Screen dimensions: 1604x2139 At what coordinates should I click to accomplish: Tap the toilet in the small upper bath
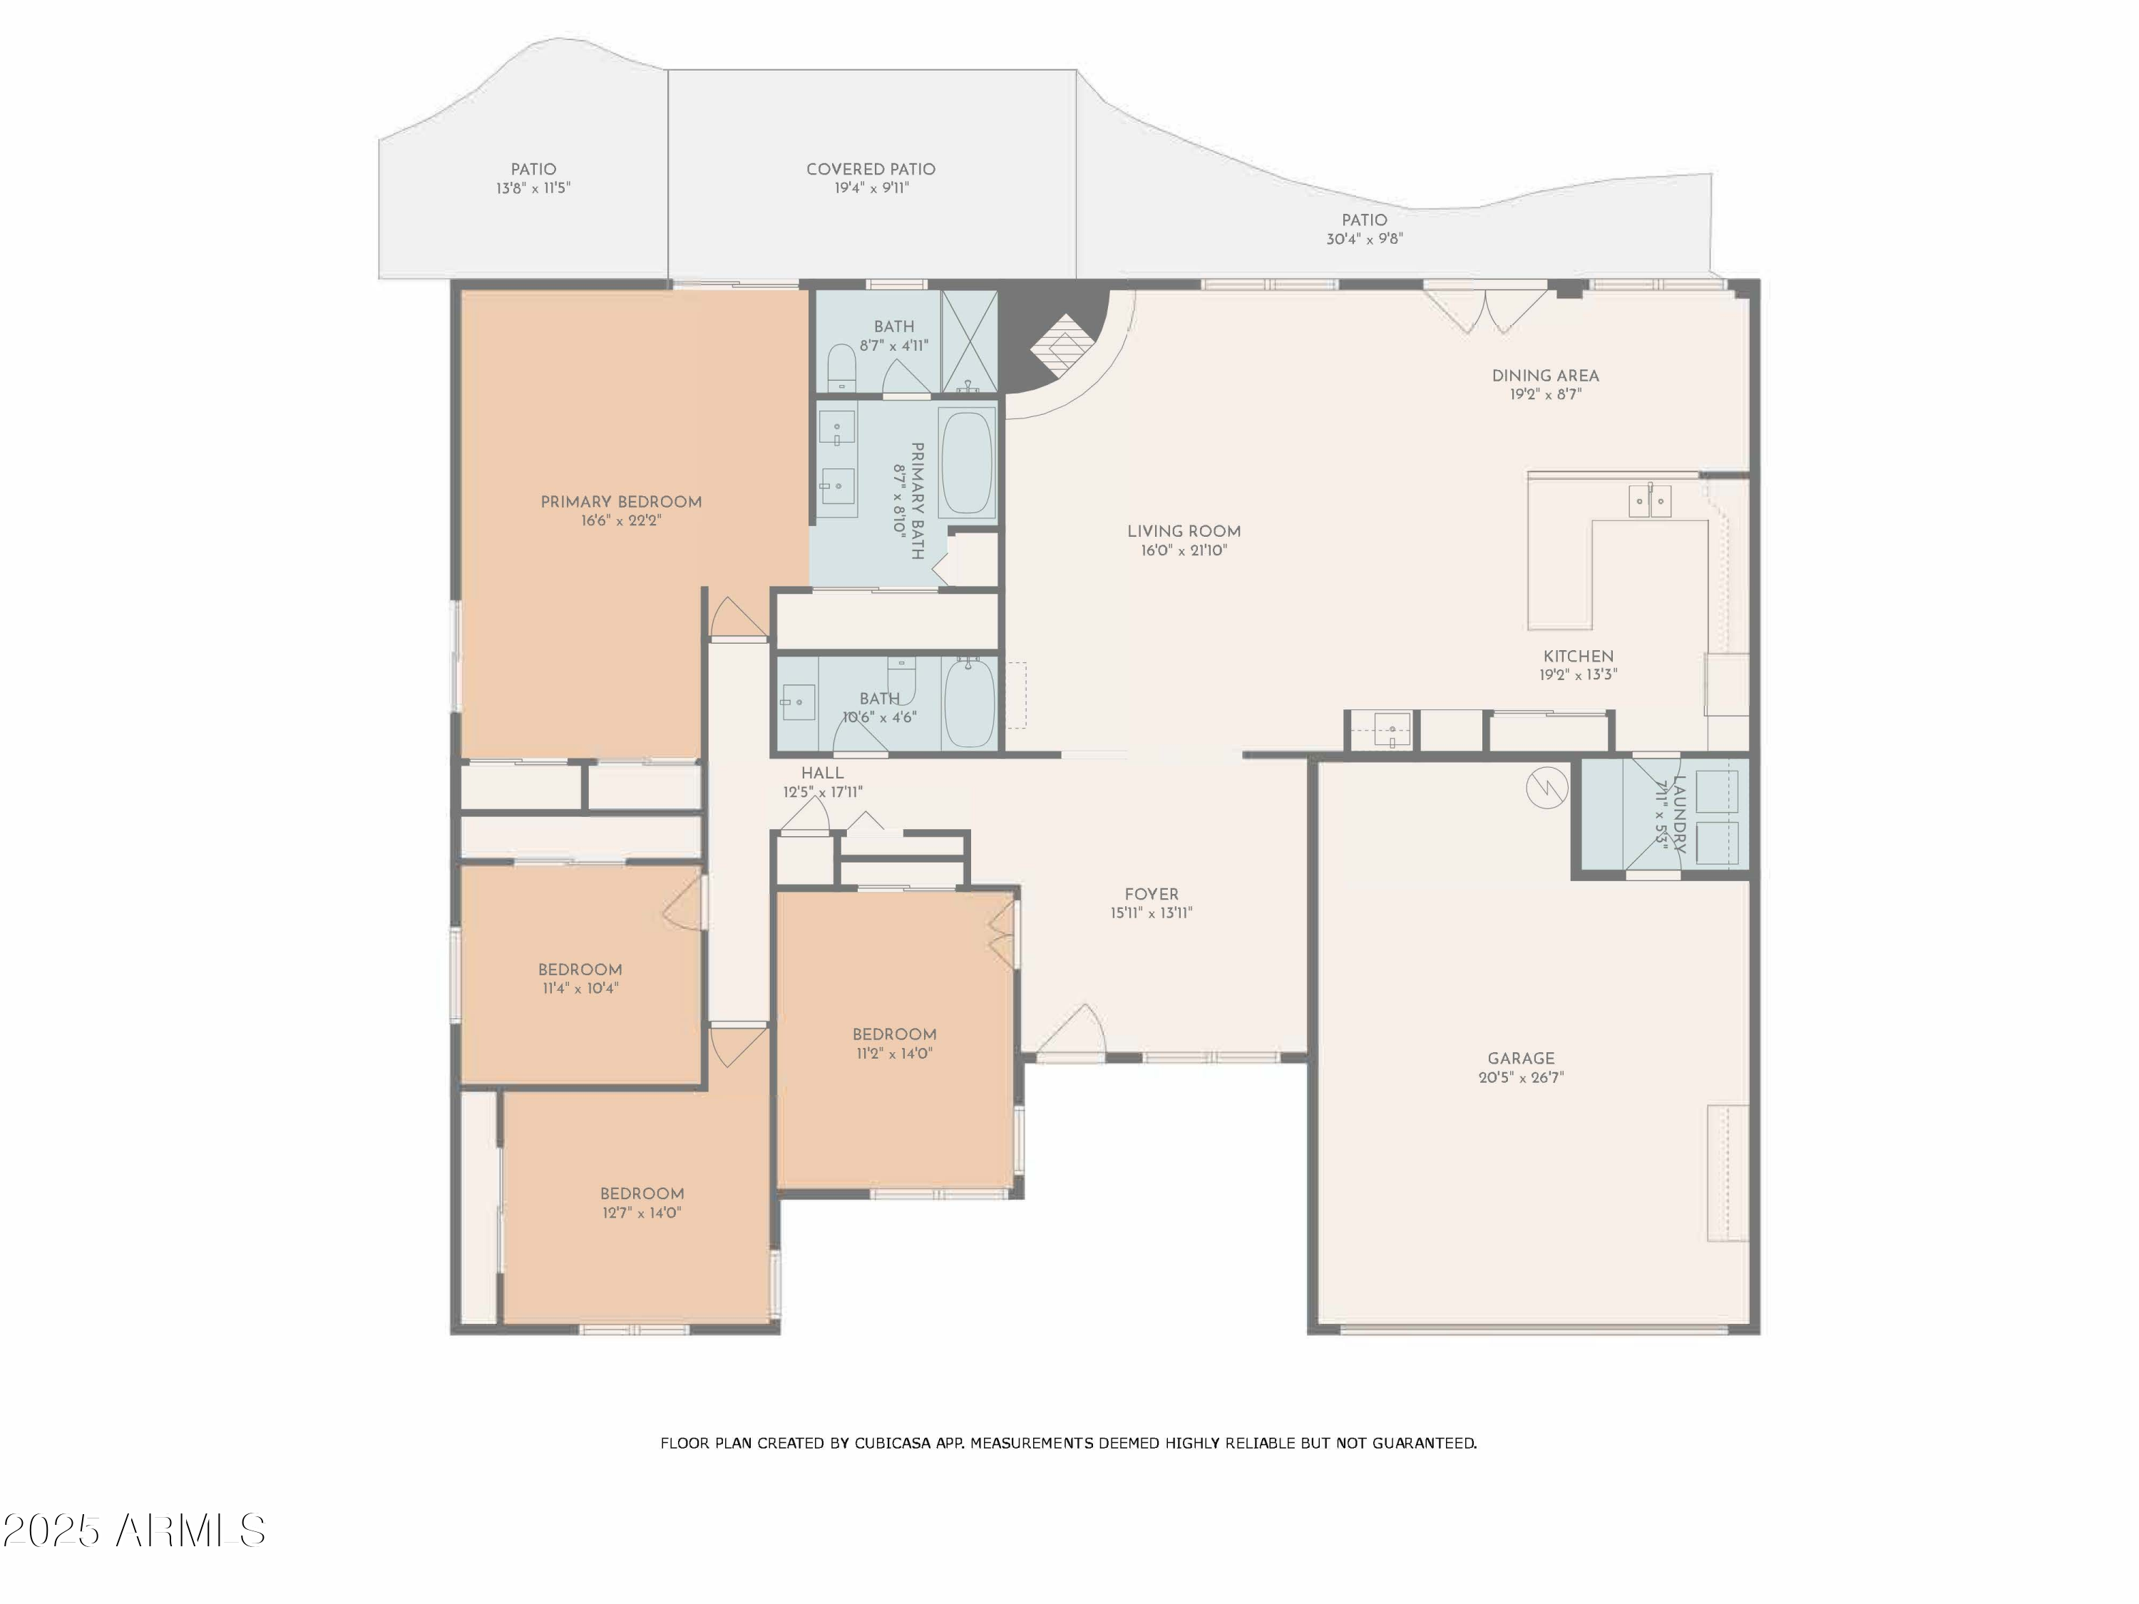(x=841, y=370)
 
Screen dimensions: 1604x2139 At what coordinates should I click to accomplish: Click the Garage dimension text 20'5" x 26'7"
(x=1521, y=1077)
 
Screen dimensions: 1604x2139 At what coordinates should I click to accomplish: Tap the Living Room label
(x=1184, y=531)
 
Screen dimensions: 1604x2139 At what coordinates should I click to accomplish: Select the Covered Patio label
(x=871, y=169)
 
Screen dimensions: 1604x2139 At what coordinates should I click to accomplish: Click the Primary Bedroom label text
(x=621, y=502)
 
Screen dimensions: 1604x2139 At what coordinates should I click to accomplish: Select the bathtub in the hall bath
(x=969, y=703)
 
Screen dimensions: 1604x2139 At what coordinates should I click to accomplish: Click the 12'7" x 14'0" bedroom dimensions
(x=642, y=1213)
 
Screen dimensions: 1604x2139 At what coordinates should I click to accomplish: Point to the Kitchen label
(x=1578, y=657)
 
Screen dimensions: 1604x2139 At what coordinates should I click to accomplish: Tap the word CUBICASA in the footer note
(x=891, y=1444)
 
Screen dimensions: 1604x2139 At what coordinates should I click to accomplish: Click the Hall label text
(x=822, y=773)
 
